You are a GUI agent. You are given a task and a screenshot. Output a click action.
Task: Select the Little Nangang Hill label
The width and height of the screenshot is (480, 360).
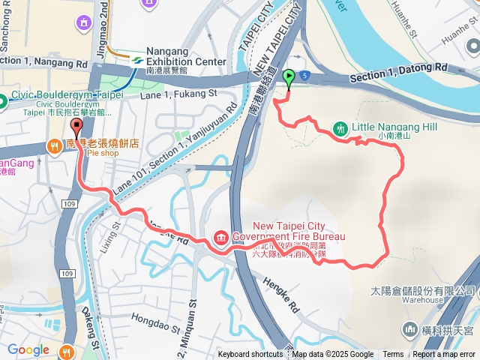(x=396, y=127)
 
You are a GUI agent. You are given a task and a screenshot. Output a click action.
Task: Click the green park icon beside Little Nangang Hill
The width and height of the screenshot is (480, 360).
(x=339, y=128)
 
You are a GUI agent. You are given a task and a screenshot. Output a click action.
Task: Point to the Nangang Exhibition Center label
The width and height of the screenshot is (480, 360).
(x=185, y=56)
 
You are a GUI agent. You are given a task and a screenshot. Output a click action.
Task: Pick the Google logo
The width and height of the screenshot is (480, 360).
(x=28, y=349)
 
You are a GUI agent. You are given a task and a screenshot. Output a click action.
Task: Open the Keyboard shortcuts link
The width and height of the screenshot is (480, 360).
(x=250, y=355)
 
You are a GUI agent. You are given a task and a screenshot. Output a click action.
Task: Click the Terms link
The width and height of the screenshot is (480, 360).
(x=393, y=355)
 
